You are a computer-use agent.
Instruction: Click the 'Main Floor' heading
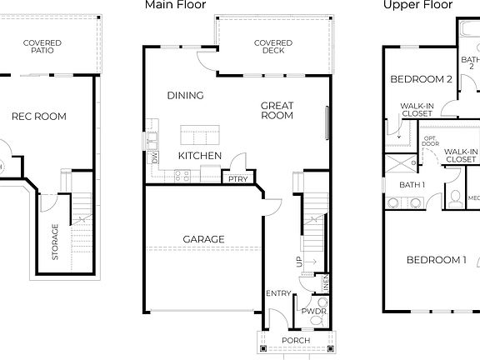[175, 5]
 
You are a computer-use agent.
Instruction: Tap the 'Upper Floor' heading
[417, 5]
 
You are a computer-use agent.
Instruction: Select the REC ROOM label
[38, 117]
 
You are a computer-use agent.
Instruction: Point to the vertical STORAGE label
[56, 242]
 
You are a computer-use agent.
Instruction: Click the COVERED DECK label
[272, 47]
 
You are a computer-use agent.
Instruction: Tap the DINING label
[185, 96]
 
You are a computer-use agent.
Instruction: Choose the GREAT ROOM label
[277, 111]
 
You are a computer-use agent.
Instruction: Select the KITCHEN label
[200, 156]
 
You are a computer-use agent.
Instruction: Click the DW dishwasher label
[154, 156]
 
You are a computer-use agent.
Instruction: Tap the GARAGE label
[203, 240]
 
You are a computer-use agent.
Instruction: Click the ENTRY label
[278, 293]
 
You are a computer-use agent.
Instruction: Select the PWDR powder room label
[314, 311]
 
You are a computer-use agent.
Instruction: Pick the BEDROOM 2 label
[421, 79]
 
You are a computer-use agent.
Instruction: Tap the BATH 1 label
[412, 185]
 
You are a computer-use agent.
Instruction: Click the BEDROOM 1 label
[435, 261]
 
